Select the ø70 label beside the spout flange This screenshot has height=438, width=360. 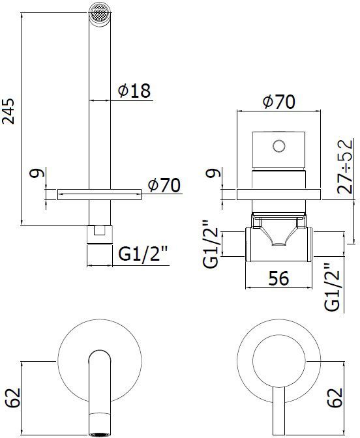164,185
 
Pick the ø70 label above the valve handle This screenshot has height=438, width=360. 279,102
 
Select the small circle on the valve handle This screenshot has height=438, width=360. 279,145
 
